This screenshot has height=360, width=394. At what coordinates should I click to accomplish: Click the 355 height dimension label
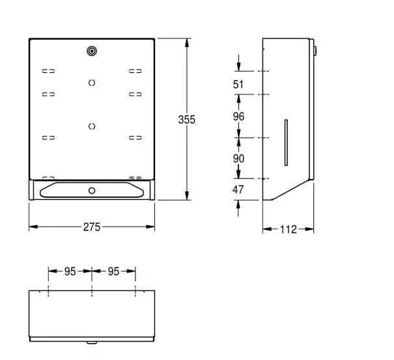pyautogui.click(x=187, y=120)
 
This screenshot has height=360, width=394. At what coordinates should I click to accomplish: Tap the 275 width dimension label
pyautogui.click(x=92, y=227)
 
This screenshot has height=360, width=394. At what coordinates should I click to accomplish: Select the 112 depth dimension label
pyautogui.click(x=288, y=229)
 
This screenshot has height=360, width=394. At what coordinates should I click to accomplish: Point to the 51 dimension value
pyautogui.click(x=238, y=84)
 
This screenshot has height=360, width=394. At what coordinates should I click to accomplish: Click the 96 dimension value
pyautogui.click(x=238, y=117)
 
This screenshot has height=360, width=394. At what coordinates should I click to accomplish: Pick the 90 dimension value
pyautogui.click(x=238, y=159)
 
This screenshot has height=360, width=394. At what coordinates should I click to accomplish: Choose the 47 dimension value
pyautogui.click(x=238, y=189)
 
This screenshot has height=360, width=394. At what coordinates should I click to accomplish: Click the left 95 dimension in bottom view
pyautogui.click(x=70, y=271)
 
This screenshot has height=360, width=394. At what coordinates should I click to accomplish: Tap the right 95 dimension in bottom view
pyautogui.click(x=113, y=271)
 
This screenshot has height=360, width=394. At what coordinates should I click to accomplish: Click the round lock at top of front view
pyautogui.click(x=92, y=51)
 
